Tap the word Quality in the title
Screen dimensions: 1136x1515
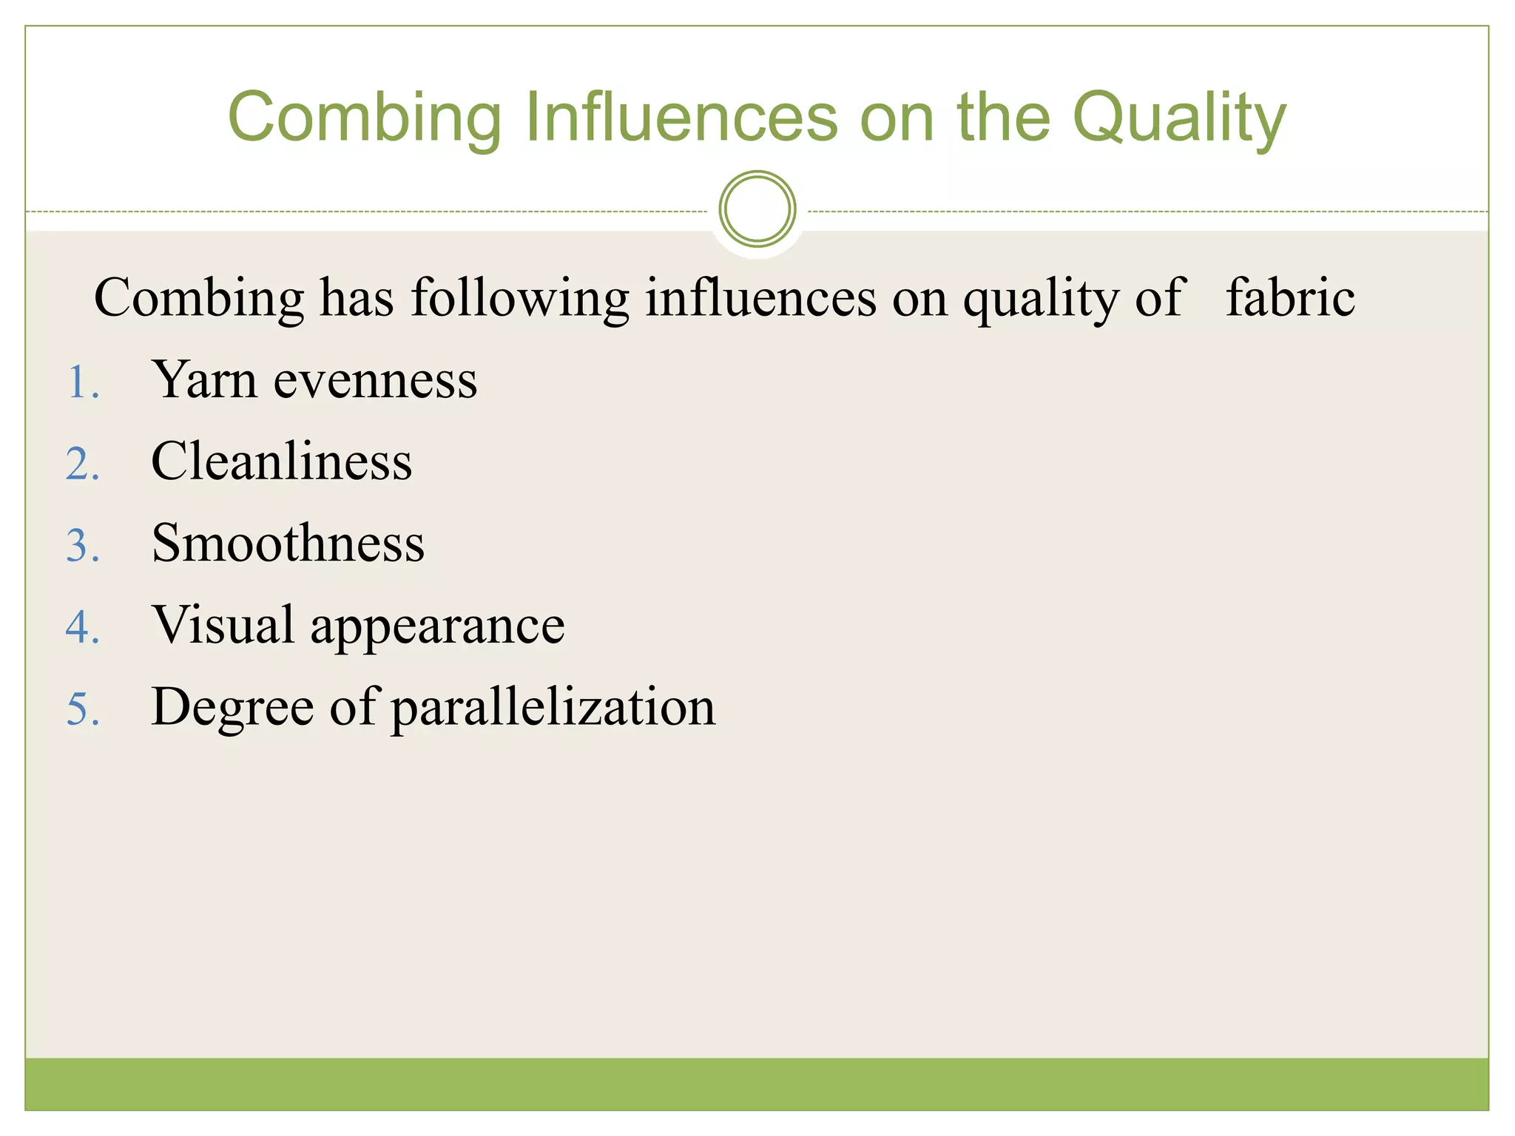coord(1179,118)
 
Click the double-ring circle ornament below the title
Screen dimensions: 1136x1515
coord(757,209)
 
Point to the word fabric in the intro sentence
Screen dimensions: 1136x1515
coord(1290,297)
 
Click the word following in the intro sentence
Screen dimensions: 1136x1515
coord(520,299)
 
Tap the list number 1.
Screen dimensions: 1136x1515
coord(82,384)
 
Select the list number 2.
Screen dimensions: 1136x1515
coord(82,465)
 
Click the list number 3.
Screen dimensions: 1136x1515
coord(82,547)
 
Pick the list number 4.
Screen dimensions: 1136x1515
coord(82,628)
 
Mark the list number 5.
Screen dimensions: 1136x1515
coord(82,709)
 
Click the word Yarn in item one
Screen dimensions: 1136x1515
coord(205,380)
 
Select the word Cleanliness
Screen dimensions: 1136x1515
coord(282,461)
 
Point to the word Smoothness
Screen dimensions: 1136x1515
coord(288,543)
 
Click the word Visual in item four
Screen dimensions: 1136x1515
coord(223,624)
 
